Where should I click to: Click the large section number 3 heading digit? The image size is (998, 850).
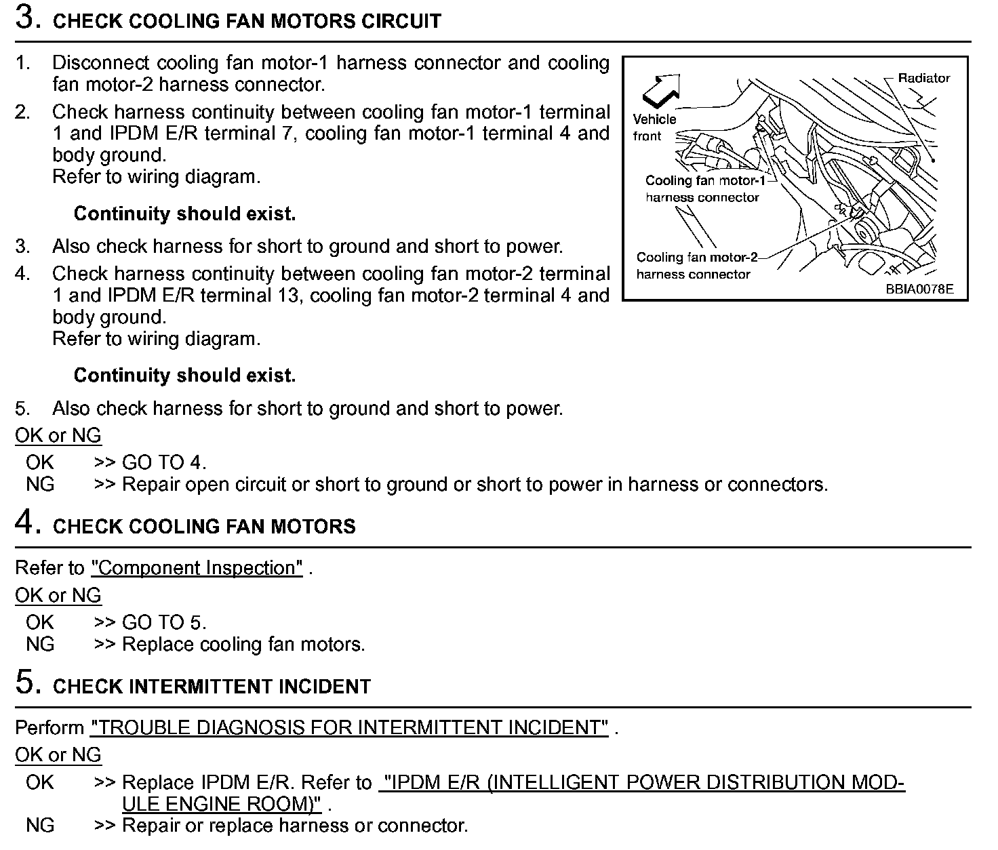pos(25,18)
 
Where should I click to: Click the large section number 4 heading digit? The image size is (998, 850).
pos(25,523)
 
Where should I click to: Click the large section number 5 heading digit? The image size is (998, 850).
pos(25,683)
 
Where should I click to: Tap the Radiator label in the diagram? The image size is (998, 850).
pos(923,78)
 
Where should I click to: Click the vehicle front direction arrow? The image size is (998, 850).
pos(659,90)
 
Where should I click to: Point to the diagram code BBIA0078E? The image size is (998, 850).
pos(919,288)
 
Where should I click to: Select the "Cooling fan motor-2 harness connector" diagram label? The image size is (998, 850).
pos(696,266)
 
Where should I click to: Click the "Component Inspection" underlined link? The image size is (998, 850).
pos(197,568)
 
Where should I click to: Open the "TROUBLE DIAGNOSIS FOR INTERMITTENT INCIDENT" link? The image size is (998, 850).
pos(349,728)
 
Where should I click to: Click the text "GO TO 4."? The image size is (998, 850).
pos(163,463)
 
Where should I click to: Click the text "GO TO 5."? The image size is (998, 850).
pos(163,622)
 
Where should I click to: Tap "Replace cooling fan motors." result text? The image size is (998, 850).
pos(243,645)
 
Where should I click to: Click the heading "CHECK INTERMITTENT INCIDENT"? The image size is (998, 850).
pos(212,687)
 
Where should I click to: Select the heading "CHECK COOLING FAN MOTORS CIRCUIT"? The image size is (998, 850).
pos(247,21)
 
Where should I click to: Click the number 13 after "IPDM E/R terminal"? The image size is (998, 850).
pos(287,296)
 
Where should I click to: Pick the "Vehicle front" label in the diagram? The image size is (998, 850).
pos(654,127)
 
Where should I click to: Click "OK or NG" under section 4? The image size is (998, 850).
pos(58,595)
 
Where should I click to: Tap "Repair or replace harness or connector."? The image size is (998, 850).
pos(295,826)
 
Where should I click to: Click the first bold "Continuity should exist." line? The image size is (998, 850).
pos(184,214)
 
